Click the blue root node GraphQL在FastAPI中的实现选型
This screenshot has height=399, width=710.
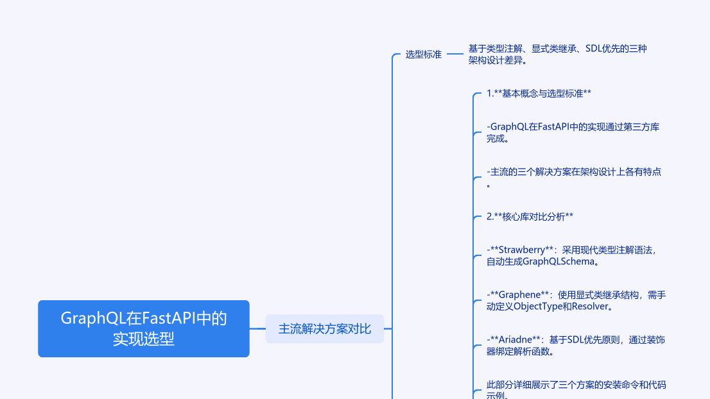coord(143,328)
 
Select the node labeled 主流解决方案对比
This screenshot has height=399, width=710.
coord(324,329)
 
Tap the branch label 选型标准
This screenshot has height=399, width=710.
coord(423,55)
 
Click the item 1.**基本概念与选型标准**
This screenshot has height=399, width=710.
coord(538,94)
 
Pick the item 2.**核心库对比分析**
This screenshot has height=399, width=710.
coord(529,217)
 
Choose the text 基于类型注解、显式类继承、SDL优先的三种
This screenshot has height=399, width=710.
coord(557,49)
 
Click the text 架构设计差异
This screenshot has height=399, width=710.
coord(497,60)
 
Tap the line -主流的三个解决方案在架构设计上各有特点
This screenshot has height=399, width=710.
coord(574,172)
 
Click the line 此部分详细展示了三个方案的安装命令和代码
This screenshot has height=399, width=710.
coord(576,385)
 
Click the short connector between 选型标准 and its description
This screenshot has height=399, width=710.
coord(455,55)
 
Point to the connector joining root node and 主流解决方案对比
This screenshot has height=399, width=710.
coord(257,328)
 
